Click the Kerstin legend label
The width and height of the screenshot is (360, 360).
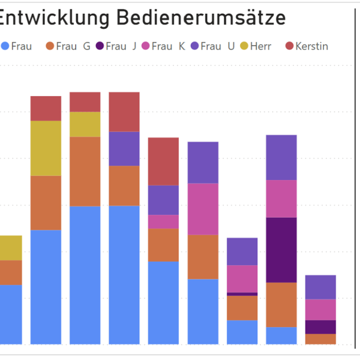coord(311,46)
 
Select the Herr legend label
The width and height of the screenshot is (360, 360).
coord(262,46)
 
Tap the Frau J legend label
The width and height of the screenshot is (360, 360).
coord(121,46)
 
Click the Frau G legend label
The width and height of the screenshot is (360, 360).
coord(73,46)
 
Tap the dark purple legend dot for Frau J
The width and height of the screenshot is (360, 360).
coord(100,46)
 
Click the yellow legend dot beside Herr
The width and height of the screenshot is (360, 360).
coord(244,46)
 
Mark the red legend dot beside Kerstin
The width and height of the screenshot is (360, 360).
coord(289,46)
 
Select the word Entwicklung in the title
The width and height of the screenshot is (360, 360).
coord(54,18)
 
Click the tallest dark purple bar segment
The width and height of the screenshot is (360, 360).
coord(281,250)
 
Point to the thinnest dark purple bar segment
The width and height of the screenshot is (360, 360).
coord(242,294)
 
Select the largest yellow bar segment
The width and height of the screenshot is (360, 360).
coord(46,148)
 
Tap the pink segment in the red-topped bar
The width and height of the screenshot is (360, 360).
coord(164,221)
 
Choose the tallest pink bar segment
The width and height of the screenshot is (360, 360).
coord(203,209)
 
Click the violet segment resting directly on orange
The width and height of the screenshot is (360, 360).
coord(124,149)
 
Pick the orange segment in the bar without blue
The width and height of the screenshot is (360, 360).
coord(320,339)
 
